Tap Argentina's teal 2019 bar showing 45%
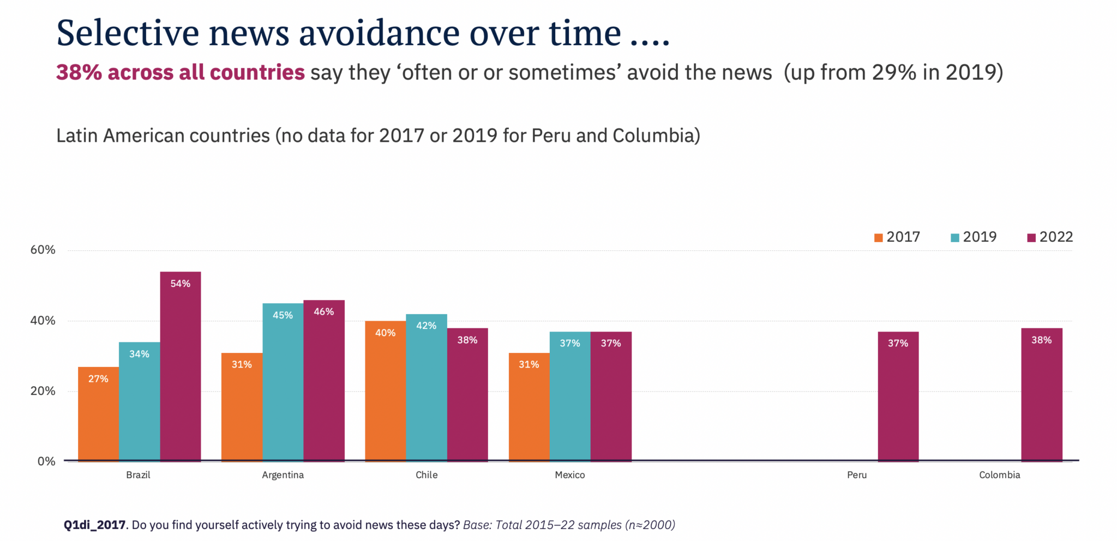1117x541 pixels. pyautogui.click(x=283, y=382)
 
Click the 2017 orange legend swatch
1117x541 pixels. pyautogui.click(x=878, y=238)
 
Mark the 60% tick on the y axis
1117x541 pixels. pyautogui.click(x=43, y=250)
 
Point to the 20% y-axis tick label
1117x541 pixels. pyautogui.click(x=43, y=391)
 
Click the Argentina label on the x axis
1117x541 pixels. pyautogui.click(x=283, y=475)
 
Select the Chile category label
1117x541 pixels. pyautogui.click(x=427, y=475)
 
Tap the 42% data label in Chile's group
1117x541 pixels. pyautogui.click(x=426, y=326)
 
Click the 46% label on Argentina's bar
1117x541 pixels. pyautogui.click(x=323, y=311)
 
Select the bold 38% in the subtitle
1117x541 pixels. pyautogui.click(x=79, y=73)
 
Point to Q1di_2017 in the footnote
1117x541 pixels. pyautogui.click(x=95, y=525)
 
